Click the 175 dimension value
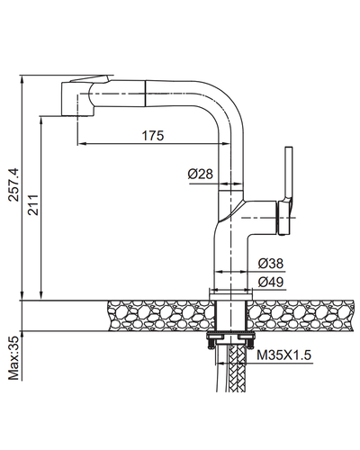click(x=153, y=136)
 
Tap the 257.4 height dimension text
click(x=14, y=184)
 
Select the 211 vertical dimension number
click(x=33, y=205)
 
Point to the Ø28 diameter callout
click(x=201, y=174)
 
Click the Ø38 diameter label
click(x=271, y=264)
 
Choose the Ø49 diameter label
click(x=271, y=282)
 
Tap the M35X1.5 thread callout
click(x=283, y=355)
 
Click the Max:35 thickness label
click(x=13, y=358)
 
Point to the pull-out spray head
click(x=78, y=97)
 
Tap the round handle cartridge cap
click(x=283, y=218)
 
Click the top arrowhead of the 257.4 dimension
click(x=22, y=79)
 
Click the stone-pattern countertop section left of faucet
click(x=159, y=316)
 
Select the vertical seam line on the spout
click(x=146, y=93)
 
